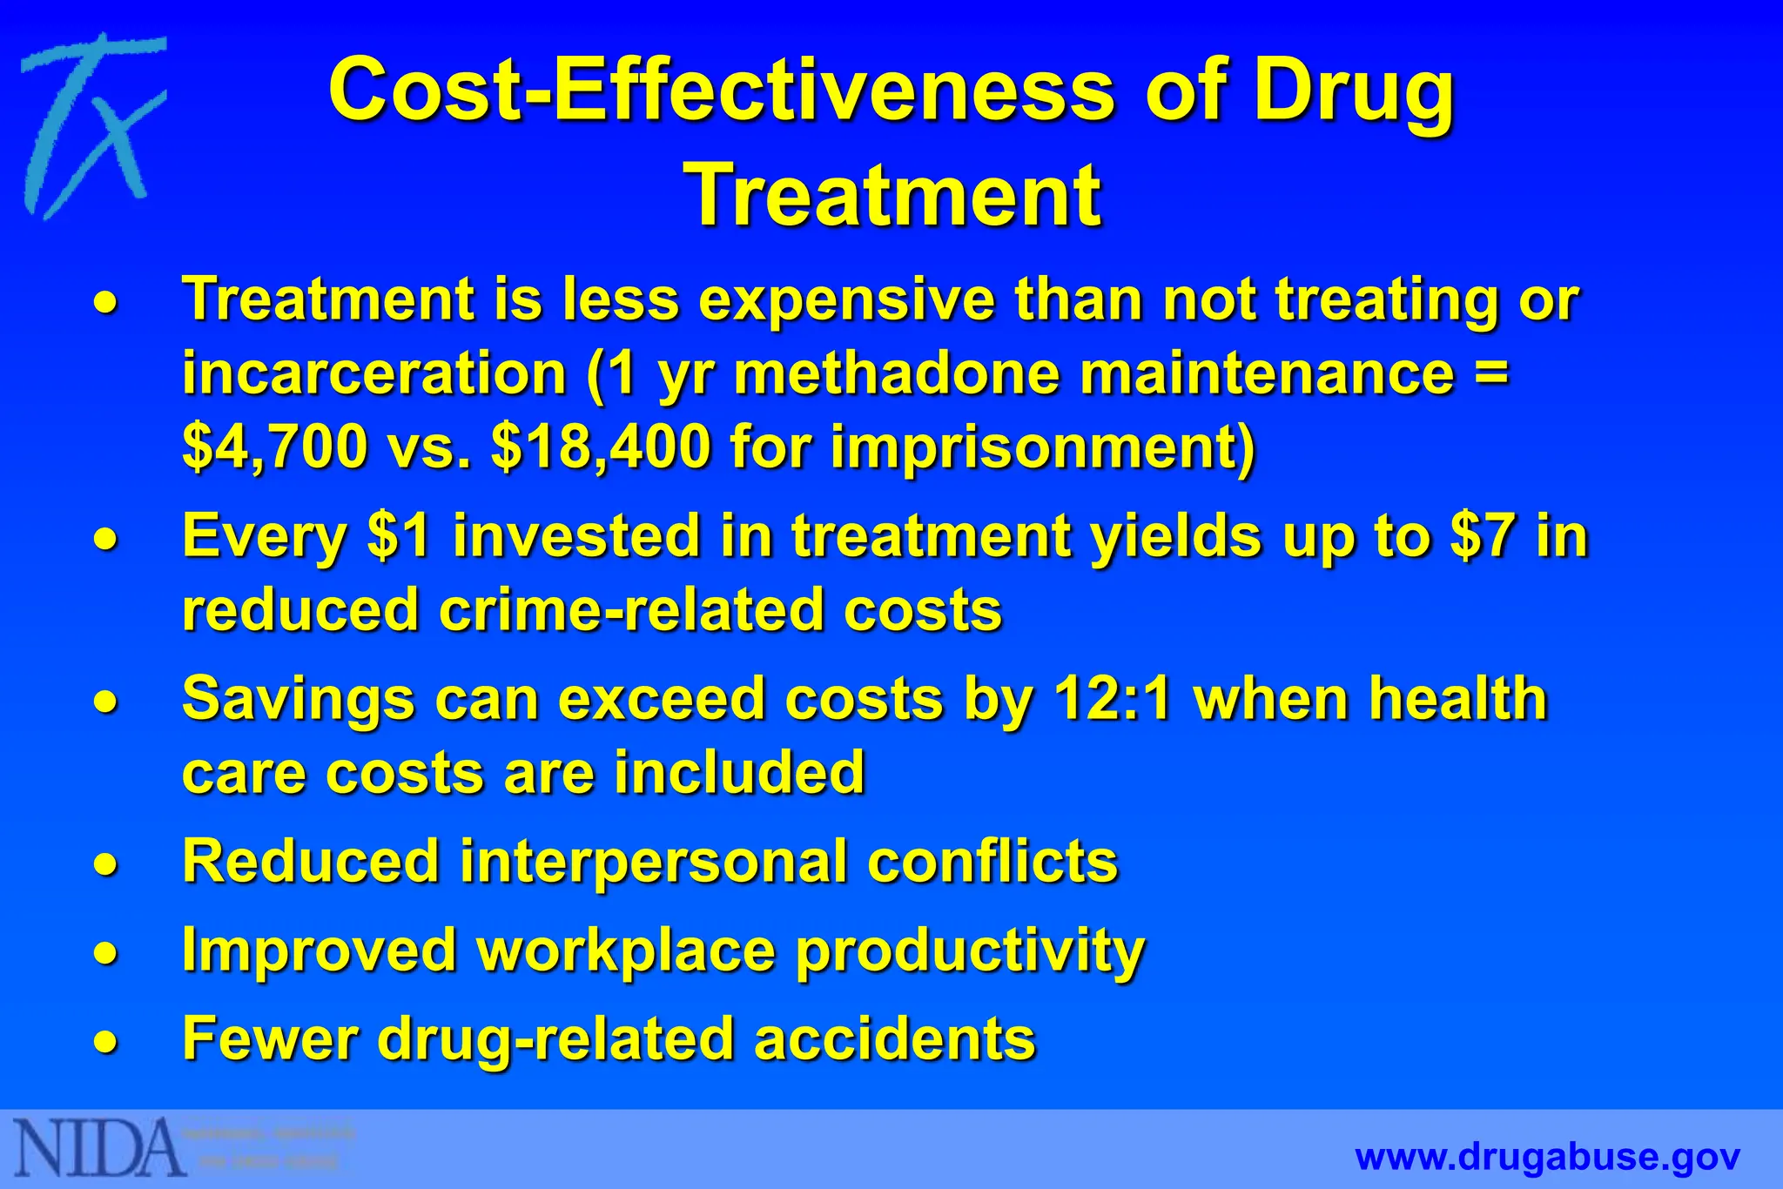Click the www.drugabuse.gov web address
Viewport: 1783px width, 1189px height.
pos(1548,1157)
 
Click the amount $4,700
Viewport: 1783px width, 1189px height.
pos(275,447)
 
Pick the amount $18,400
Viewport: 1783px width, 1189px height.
pos(601,447)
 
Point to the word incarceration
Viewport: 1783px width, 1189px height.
pos(374,373)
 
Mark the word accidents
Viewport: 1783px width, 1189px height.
pos(895,1038)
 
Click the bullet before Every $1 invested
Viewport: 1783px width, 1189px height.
pos(105,537)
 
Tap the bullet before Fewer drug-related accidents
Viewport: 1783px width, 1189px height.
pos(105,1041)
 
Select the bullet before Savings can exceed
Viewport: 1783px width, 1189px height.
pos(105,701)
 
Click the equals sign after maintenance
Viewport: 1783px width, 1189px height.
pos(1490,373)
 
